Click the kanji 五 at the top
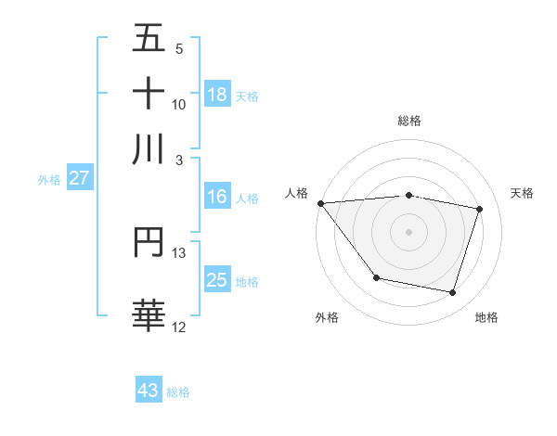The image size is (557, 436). click(x=149, y=39)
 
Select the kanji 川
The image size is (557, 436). click(x=149, y=148)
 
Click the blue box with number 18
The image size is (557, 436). click(x=217, y=94)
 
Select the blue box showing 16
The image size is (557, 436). click(x=217, y=197)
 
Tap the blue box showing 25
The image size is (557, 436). click(x=217, y=280)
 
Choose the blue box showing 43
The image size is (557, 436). click(x=149, y=391)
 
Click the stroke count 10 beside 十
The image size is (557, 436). click(x=179, y=104)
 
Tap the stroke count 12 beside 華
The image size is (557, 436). click(x=179, y=327)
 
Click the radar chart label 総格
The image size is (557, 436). click(x=409, y=121)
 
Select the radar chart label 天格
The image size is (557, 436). click(x=523, y=193)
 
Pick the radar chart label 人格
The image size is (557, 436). click(x=296, y=193)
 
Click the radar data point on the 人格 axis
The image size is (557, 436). click(x=321, y=203)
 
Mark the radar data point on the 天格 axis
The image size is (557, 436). click(x=479, y=210)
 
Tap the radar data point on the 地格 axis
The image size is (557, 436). click(x=452, y=292)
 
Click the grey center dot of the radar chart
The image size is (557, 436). click(x=409, y=232)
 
